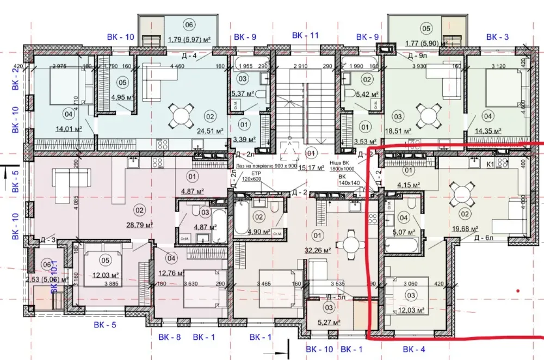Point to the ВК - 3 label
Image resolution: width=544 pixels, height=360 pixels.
click(x=497, y=36)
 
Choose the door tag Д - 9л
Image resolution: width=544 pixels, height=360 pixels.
click(x=417, y=55)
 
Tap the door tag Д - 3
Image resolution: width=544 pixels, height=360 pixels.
click(x=49, y=239)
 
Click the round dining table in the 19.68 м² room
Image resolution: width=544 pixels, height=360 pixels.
click(x=461, y=194)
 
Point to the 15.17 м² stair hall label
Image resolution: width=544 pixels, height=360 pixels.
click(x=312, y=167)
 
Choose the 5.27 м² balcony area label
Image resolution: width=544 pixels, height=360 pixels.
click(x=329, y=321)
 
